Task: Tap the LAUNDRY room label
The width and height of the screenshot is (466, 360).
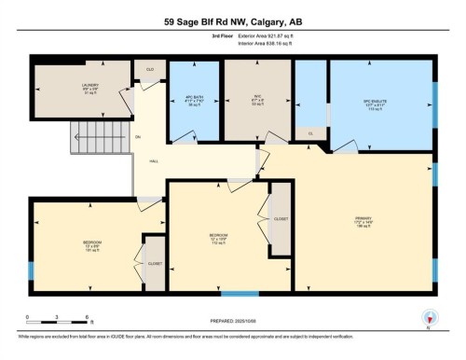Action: (90, 87)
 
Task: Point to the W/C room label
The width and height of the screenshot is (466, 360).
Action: (246, 98)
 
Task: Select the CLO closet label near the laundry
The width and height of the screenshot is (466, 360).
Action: (149, 69)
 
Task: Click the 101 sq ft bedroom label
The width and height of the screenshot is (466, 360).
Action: (91, 246)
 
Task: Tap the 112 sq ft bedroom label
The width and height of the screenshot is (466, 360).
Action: (219, 235)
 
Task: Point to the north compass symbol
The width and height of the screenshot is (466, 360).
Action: (428, 317)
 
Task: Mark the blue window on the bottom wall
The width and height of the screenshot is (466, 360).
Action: (240, 294)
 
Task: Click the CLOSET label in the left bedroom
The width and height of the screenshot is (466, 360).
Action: (154, 264)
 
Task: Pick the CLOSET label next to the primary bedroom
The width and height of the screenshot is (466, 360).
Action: (281, 217)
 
